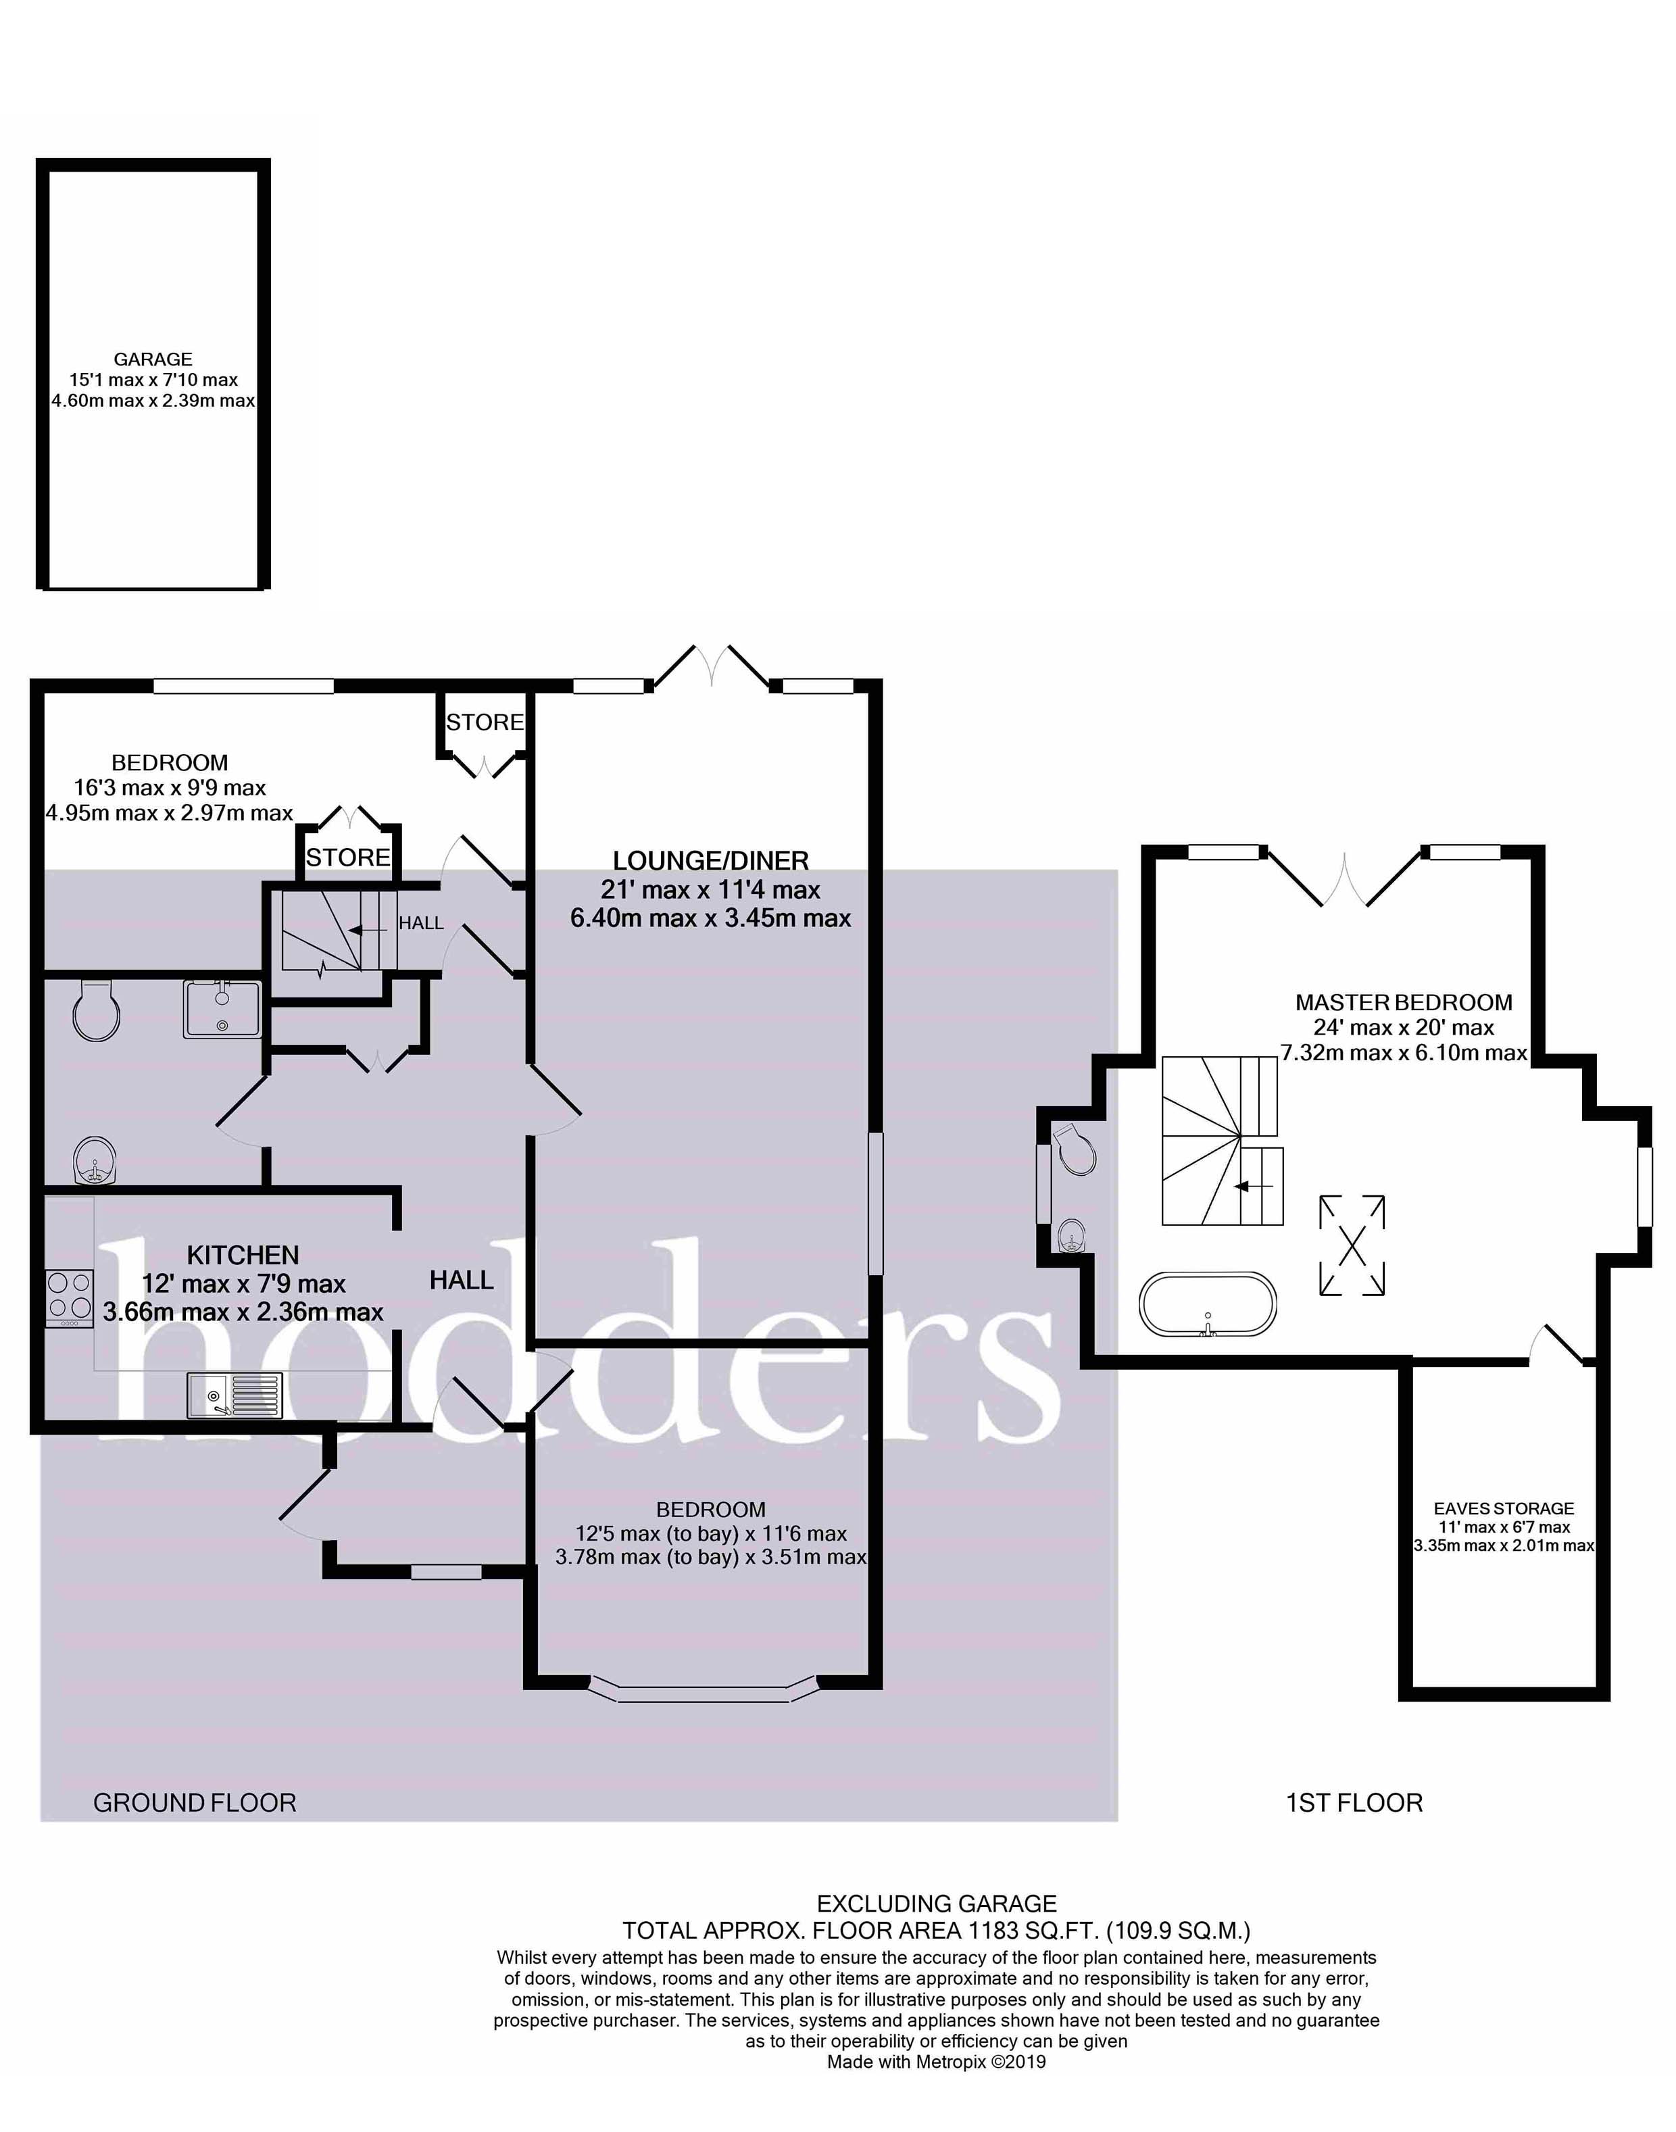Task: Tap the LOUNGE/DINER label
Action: point(710,860)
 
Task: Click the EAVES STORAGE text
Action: point(1503,1508)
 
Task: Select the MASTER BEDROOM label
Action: point(1403,1001)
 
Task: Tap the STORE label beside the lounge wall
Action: point(485,722)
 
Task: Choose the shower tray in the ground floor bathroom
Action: point(222,1009)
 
